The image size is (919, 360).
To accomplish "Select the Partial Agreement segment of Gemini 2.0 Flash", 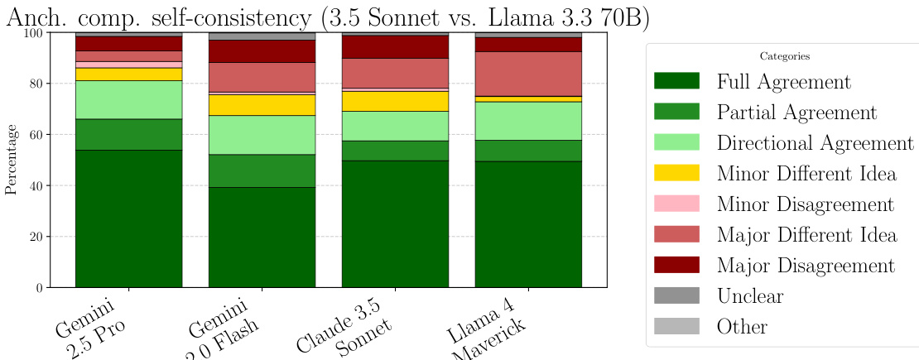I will tap(262, 170).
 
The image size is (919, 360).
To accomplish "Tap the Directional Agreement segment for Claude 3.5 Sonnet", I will tap(395, 126).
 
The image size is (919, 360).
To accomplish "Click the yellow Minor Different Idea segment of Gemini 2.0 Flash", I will tap(262, 105).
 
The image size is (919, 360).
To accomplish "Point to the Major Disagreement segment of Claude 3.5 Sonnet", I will tap(395, 46).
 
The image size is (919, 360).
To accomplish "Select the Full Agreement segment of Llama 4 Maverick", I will tap(528, 224).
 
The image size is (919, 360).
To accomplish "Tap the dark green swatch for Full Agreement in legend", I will tap(676, 81).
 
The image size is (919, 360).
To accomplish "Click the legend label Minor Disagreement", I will tap(806, 204).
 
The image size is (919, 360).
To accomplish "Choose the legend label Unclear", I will tap(750, 295).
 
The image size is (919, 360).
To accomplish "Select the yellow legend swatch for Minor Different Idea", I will tap(676, 173).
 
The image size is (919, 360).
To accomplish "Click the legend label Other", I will tap(742, 326).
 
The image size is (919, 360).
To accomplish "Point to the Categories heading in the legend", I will tap(784, 56).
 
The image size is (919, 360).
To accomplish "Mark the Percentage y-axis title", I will tap(12, 160).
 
